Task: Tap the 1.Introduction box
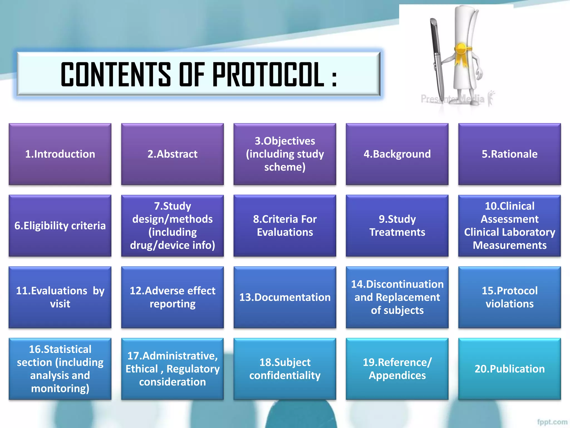60,154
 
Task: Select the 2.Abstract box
173,154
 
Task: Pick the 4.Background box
397,154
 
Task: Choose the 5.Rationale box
510,154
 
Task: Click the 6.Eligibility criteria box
60,226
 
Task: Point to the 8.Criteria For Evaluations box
285,226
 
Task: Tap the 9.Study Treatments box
397,226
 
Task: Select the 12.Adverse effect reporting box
173,297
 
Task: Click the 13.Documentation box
285,297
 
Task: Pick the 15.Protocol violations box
510,297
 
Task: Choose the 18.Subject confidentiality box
285,369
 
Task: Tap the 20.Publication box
510,369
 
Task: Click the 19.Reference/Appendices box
397,369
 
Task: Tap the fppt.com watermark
552,422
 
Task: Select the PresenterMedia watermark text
452,99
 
